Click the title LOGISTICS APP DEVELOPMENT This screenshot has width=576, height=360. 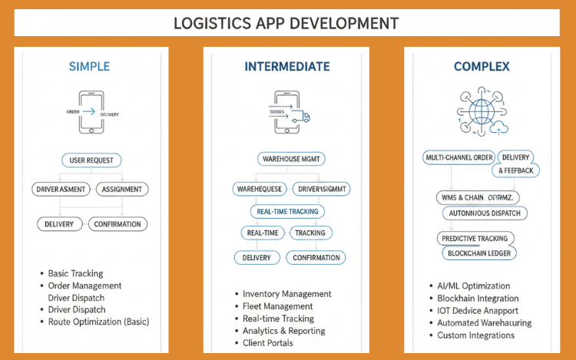point(286,23)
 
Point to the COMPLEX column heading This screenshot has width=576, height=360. point(482,67)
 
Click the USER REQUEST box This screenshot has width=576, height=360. point(91,160)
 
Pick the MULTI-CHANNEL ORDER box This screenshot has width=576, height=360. point(458,157)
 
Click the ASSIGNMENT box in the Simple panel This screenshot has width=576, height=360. point(121,189)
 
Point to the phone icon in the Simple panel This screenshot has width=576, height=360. point(91,111)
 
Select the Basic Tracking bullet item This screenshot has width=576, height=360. point(75,273)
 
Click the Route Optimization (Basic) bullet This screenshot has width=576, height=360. point(98,322)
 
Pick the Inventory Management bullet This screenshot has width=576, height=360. point(286,294)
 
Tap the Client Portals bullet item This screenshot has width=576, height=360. point(267,343)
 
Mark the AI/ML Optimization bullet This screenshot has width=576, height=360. point(473,286)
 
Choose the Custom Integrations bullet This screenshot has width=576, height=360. point(475,335)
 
